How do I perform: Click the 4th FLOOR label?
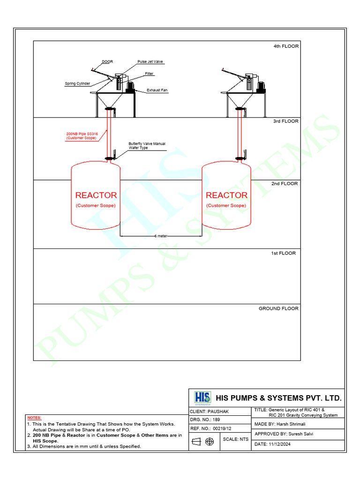[x=286, y=46]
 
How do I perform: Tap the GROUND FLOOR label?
[x=278, y=308]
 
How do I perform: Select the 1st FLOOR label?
[x=283, y=253]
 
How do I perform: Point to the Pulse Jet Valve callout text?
[x=150, y=61]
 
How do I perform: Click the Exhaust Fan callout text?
[x=157, y=90]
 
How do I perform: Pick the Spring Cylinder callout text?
[x=77, y=83]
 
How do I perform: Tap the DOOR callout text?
[x=107, y=61]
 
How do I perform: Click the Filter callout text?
[x=149, y=74]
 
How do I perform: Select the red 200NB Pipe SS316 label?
[x=82, y=136]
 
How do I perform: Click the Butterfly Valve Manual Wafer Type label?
[x=147, y=146]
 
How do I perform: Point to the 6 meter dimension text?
[x=161, y=236]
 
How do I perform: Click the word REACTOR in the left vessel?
[x=96, y=195]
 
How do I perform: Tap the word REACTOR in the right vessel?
[x=226, y=195]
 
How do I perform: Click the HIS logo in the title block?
[x=202, y=397]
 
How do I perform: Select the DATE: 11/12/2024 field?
[x=272, y=444]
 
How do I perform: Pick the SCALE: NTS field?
[x=235, y=439]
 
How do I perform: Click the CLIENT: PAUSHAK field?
[x=209, y=412]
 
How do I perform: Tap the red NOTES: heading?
[x=34, y=418]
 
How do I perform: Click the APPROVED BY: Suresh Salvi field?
[x=284, y=434]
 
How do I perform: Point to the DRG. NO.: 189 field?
[x=205, y=420]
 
